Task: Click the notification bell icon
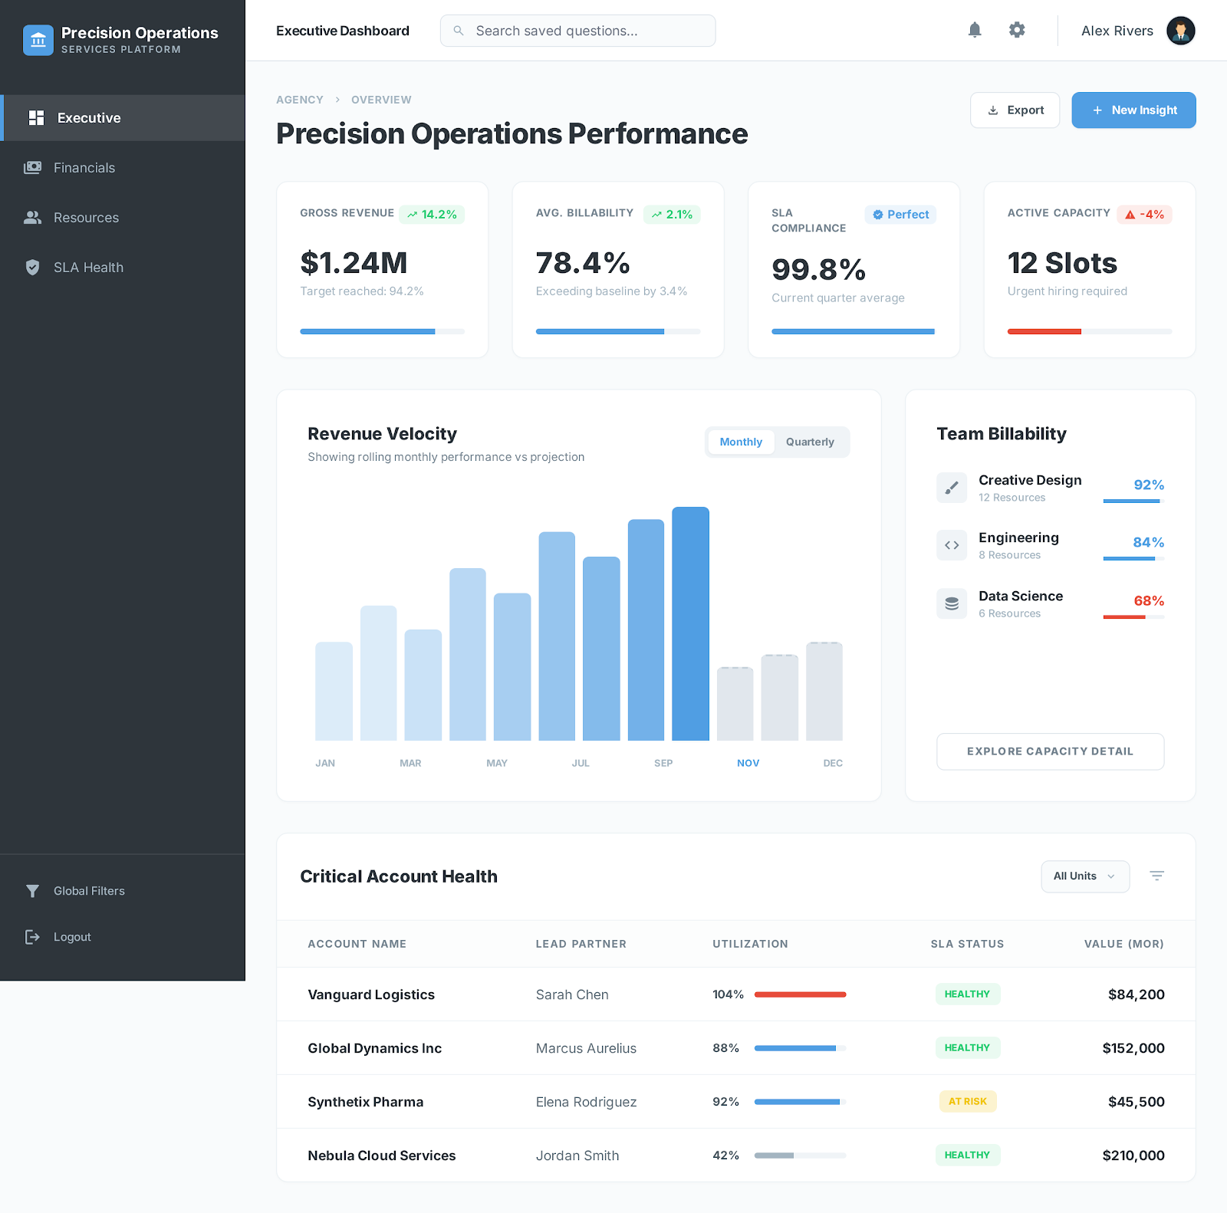coord(975,30)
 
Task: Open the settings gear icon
coord(1017,30)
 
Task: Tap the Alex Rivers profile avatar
coord(1180,31)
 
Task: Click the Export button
coord(1015,110)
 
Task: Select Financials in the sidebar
coord(84,168)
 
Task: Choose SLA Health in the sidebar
coord(88,268)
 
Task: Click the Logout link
coord(72,937)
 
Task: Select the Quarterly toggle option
coord(810,442)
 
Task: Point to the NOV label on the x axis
coord(748,763)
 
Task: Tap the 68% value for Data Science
coord(1149,601)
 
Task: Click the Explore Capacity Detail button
coord(1050,751)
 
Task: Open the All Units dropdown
coord(1084,876)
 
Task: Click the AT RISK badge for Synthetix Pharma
coord(968,1102)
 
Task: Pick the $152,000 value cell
coord(1133,1048)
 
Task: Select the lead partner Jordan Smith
coord(577,1155)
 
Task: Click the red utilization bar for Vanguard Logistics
coord(800,994)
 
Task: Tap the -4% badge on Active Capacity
coord(1144,215)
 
